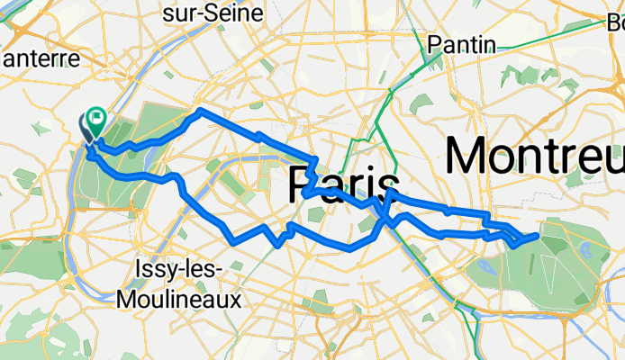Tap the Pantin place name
click(462, 44)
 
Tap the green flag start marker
click(95, 117)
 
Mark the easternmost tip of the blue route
click(539, 235)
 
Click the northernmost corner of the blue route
click(199, 110)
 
